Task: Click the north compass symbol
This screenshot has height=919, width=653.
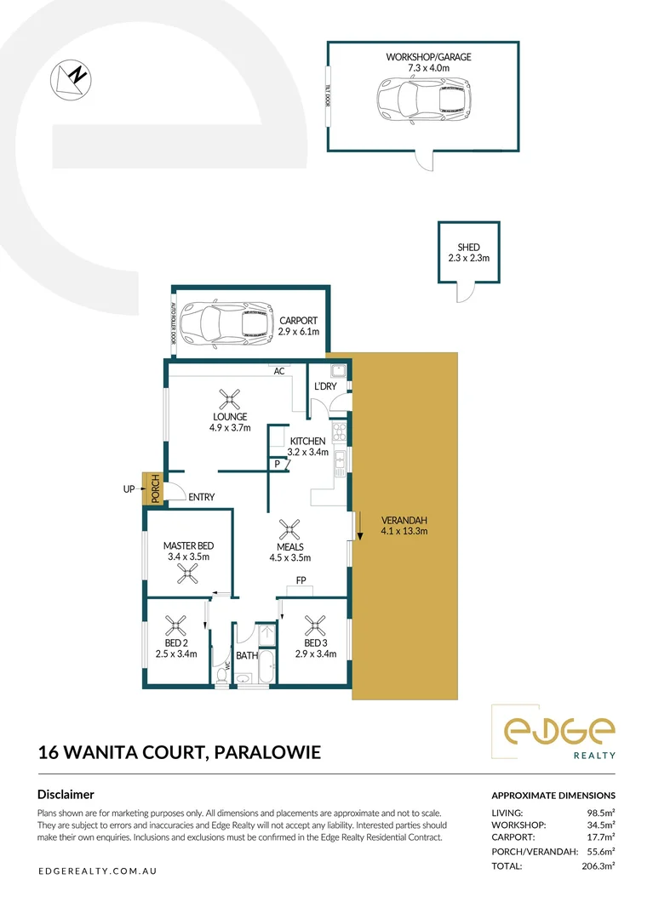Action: click(72, 77)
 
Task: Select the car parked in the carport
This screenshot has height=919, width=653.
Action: click(226, 324)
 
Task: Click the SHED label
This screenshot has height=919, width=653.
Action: click(468, 248)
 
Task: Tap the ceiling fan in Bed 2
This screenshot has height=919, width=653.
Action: click(176, 626)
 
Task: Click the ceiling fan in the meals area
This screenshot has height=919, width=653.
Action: click(290, 530)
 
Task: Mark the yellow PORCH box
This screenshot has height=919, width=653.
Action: click(154, 490)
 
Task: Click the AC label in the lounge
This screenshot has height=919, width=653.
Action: click(278, 372)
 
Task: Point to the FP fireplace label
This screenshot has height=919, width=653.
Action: click(301, 580)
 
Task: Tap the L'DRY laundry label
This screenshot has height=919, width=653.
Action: click(324, 386)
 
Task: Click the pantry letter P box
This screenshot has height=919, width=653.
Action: click(278, 464)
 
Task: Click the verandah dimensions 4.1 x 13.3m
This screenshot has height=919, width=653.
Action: click(404, 532)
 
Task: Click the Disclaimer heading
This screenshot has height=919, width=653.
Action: click(66, 795)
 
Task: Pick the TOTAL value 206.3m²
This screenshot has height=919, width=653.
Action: click(597, 865)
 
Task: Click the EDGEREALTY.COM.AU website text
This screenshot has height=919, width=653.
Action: click(98, 871)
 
